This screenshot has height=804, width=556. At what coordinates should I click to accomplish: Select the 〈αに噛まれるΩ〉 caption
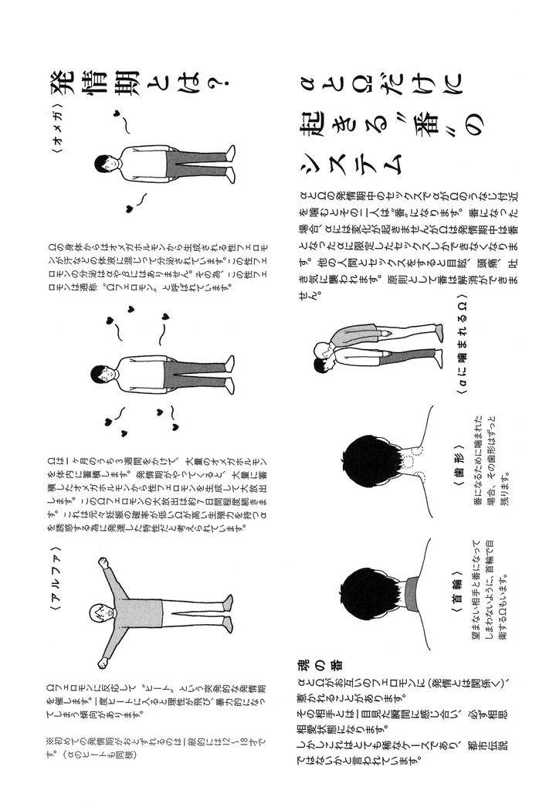tap(458, 348)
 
